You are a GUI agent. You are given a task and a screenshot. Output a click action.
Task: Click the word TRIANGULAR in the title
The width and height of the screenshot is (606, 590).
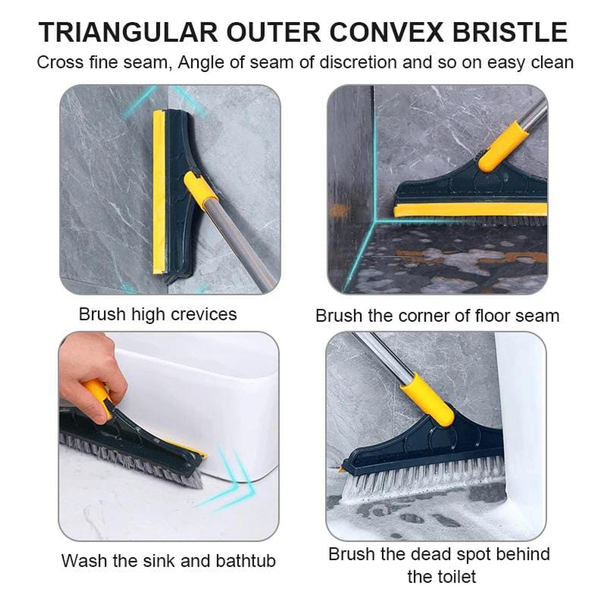pyautogui.click(x=128, y=32)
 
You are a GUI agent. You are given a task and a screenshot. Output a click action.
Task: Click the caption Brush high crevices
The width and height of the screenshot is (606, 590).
pyautogui.click(x=157, y=314)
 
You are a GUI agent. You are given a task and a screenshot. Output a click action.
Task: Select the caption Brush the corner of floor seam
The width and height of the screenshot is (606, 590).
pyautogui.click(x=437, y=316)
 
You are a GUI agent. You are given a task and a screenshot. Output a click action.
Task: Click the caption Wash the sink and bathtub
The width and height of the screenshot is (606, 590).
pyautogui.click(x=168, y=561)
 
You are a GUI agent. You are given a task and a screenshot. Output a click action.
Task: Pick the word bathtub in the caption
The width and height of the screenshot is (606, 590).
pyautogui.click(x=245, y=561)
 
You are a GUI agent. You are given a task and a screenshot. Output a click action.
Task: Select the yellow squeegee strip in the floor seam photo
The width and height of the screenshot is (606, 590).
pyautogui.click(x=470, y=210)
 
